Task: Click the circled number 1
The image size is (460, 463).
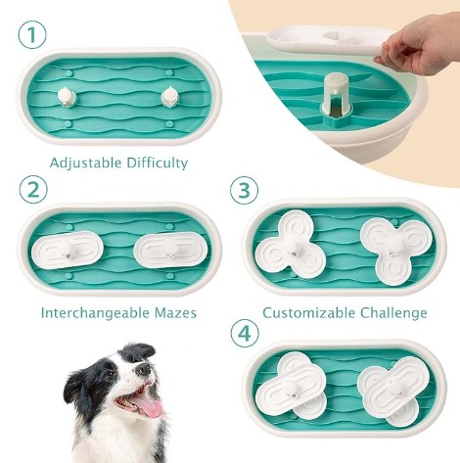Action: tap(32, 35)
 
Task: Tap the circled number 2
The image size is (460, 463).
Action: tap(33, 190)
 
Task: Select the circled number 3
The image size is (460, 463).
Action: tap(244, 190)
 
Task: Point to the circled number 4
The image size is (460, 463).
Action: tap(245, 334)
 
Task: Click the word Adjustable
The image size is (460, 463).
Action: tap(86, 163)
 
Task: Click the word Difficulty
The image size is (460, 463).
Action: tap(158, 163)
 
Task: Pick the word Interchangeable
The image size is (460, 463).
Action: tap(95, 313)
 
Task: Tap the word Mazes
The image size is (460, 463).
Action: tap(175, 313)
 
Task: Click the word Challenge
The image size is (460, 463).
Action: tap(393, 313)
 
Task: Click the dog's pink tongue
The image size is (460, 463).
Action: tap(151, 408)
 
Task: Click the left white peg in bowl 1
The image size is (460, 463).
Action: tap(68, 97)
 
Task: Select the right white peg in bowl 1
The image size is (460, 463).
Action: tap(170, 96)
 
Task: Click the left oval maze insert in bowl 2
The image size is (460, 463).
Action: tap(68, 251)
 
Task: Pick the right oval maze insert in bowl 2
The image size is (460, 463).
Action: tap(170, 251)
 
